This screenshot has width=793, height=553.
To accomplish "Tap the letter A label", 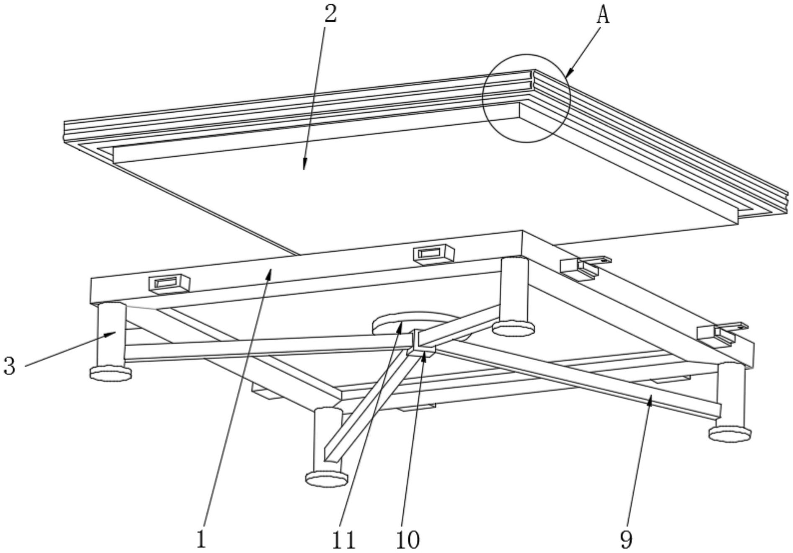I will point(603,15).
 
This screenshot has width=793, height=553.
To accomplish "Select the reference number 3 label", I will point(10,365).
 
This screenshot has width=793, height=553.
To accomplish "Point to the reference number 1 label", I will point(201,539).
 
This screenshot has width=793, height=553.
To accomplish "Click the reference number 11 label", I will point(344,540).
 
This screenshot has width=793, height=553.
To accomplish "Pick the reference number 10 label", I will point(408,540).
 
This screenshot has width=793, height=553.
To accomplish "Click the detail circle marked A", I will point(526,98).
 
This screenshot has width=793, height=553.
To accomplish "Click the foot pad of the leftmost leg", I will point(110,373).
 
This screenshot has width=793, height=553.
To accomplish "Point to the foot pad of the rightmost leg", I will point(729,433).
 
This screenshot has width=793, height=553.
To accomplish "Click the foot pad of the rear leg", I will point(513,328).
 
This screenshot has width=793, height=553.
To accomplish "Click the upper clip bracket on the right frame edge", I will point(584,267).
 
